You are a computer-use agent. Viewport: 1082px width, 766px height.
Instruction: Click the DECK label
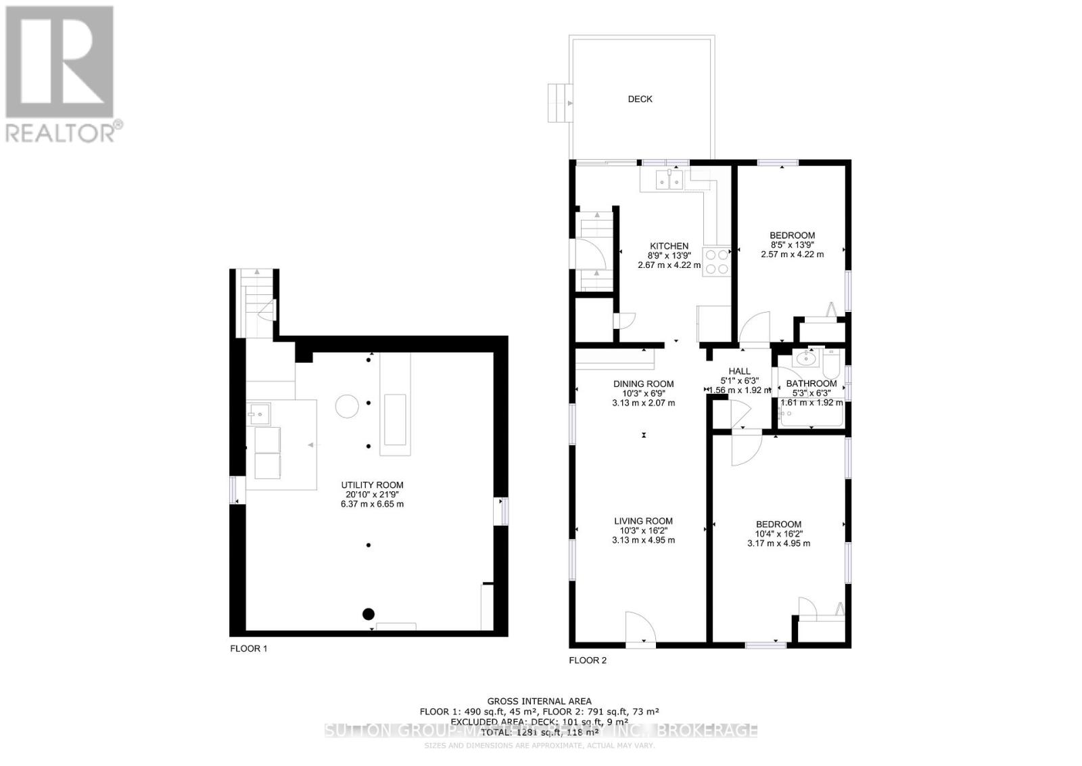tap(640, 99)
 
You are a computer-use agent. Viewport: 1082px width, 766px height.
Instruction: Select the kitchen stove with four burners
tap(717, 262)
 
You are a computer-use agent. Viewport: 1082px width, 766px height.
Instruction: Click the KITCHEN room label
tap(669, 246)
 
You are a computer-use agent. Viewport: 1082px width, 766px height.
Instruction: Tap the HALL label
tap(739, 371)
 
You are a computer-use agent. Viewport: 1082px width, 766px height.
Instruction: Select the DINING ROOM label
tap(643, 384)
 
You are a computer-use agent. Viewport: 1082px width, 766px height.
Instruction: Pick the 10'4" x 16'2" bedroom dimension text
tap(778, 534)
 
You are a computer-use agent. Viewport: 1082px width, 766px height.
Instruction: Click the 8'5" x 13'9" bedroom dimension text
tap(792, 245)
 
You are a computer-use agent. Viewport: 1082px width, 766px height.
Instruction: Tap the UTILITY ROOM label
tap(372, 485)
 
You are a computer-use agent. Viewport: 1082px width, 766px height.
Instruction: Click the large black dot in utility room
tap(368, 614)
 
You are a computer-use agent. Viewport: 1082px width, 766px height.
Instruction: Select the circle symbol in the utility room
tap(348, 406)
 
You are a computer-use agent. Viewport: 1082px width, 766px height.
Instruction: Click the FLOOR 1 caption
tap(249, 648)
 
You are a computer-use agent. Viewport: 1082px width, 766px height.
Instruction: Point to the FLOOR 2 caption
tap(588, 660)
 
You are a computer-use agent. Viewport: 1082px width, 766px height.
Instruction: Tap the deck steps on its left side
tap(560, 103)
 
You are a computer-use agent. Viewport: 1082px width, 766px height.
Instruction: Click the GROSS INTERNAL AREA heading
tap(539, 701)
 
